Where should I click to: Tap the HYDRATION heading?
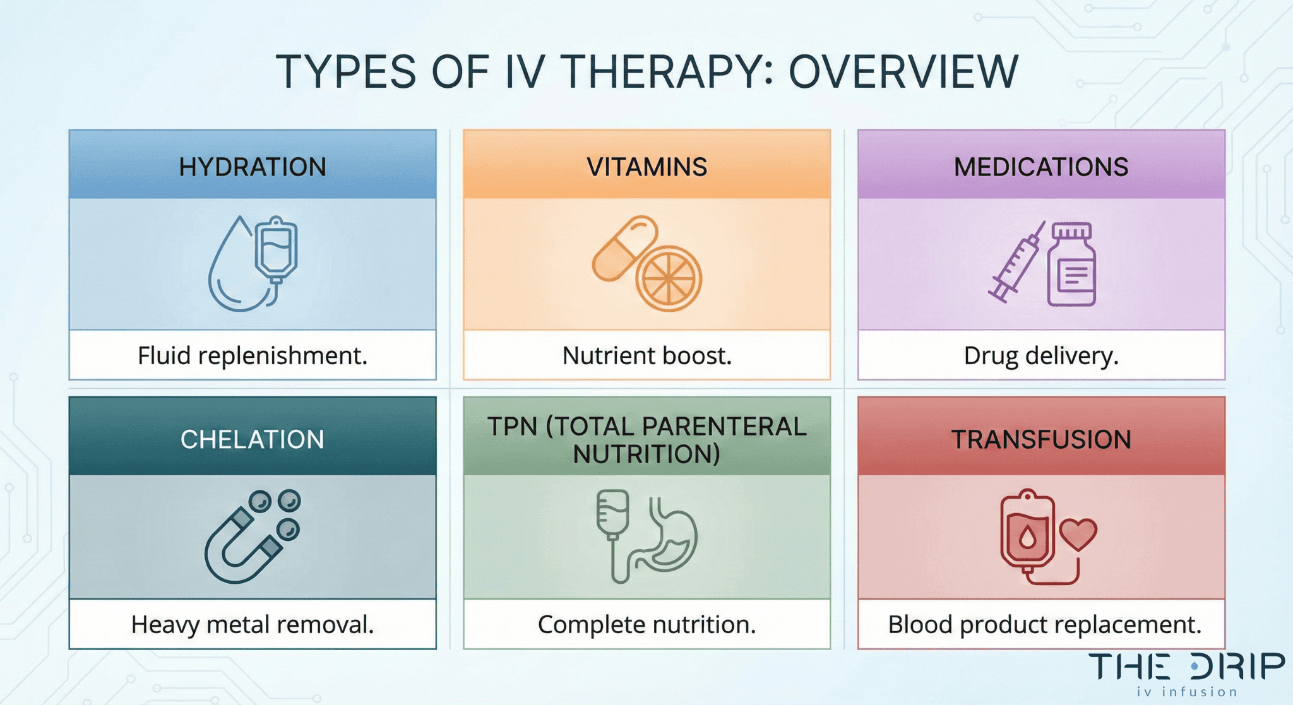pos(253,167)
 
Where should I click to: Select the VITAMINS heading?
pos(646,167)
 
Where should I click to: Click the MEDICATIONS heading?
pos(1040,167)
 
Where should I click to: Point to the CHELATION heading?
pos(253,439)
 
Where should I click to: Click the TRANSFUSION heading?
pos(1040,439)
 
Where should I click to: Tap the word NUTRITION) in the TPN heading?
pos(646,454)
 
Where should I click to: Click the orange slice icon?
pos(669,278)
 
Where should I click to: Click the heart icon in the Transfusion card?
pos(1078,533)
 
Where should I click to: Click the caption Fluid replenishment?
pos(253,356)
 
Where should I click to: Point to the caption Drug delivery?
pos(1040,356)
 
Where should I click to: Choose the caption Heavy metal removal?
pos(253,625)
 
